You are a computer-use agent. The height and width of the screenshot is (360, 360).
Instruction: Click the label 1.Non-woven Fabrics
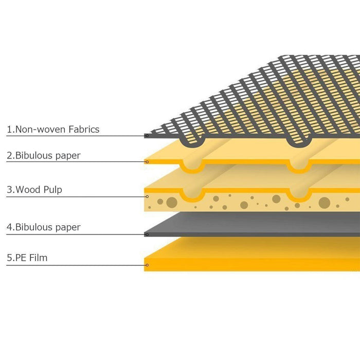click(x=53, y=129)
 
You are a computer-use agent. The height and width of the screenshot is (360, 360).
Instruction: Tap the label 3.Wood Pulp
click(x=34, y=190)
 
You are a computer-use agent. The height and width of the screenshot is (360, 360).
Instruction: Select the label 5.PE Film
click(x=27, y=258)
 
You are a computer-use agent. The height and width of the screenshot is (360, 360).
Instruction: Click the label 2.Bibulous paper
click(x=44, y=156)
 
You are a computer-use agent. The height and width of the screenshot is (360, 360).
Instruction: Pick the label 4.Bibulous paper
click(x=44, y=227)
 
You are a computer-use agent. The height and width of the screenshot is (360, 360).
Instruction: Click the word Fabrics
click(x=84, y=129)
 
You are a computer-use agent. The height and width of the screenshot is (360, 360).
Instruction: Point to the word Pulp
click(x=53, y=190)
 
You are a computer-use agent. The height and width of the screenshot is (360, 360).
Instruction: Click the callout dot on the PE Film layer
click(x=147, y=265)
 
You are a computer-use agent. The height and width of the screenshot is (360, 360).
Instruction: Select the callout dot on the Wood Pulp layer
click(x=147, y=197)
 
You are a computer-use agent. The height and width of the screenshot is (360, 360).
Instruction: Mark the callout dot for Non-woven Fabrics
click(x=147, y=136)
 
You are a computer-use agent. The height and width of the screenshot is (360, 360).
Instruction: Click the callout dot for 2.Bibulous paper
click(x=147, y=162)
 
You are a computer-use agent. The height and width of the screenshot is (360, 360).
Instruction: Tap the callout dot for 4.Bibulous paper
click(x=147, y=235)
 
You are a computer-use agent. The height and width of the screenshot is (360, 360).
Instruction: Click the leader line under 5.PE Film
click(x=76, y=265)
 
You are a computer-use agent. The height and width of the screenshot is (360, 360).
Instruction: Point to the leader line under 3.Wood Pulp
click(x=76, y=197)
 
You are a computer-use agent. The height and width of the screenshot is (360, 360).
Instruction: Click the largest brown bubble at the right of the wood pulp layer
click(x=325, y=203)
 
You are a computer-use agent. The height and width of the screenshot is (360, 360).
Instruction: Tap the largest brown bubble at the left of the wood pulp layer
click(x=172, y=203)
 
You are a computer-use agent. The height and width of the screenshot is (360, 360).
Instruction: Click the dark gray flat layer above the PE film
click(x=252, y=224)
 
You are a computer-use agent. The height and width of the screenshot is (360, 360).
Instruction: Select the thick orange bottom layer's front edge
click(x=252, y=265)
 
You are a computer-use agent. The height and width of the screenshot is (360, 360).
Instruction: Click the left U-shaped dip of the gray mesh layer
click(x=193, y=141)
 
